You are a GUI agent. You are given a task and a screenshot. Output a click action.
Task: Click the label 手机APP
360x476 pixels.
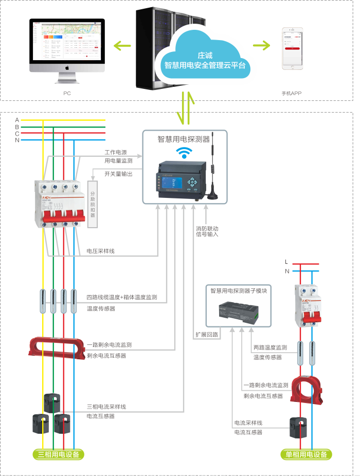click(x=291, y=93)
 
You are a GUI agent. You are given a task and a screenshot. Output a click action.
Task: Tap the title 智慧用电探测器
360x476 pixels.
click(x=184, y=139)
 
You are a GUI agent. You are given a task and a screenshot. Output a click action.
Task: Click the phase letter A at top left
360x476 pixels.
click(x=17, y=120)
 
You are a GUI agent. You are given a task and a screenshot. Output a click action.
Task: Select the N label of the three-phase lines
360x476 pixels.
click(x=17, y=140)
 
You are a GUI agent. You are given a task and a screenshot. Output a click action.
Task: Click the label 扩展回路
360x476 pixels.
click(x=206, y=334)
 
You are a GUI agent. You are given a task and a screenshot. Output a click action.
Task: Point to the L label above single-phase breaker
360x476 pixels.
click(x=286, y=262)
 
